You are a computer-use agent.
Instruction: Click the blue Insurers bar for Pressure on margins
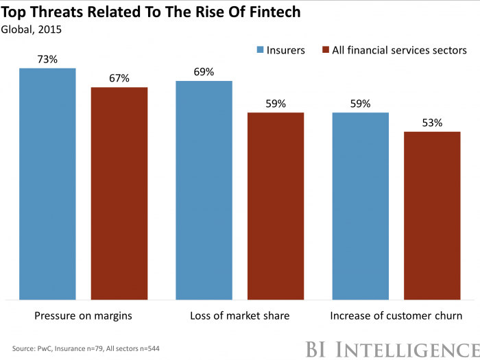47,184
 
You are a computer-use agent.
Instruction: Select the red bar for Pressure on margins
119,193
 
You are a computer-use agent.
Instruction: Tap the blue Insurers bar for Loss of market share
204,190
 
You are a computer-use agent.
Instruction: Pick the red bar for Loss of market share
276,206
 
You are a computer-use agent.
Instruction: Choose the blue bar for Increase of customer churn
360,206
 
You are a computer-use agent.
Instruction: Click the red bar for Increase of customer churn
432,215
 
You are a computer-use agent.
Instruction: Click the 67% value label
119,77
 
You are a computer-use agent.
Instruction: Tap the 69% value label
204,71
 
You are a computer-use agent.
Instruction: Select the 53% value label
432,123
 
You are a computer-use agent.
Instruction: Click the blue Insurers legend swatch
261,50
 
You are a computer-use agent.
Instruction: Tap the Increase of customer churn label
396,316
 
